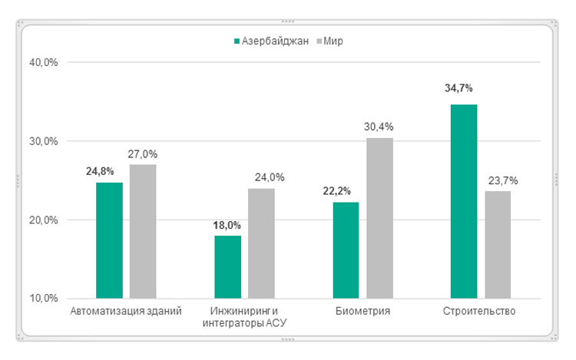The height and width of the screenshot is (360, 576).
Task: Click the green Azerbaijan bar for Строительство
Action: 463,201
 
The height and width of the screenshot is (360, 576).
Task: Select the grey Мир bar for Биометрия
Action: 379,218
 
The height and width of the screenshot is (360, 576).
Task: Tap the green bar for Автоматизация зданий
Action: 109,239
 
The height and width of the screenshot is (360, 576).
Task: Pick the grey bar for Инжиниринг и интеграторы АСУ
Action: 261,243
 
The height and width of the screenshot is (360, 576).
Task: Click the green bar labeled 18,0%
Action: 227,266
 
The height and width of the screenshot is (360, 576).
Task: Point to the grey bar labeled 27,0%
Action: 143,231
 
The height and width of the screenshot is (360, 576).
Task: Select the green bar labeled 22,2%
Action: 346,249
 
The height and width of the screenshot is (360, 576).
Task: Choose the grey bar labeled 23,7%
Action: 498,244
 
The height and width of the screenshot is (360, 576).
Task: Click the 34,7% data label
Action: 458,88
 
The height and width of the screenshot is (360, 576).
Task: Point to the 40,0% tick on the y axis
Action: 43,62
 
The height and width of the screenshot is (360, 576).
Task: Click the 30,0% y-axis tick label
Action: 43,141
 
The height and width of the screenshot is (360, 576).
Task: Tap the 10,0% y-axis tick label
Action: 43,299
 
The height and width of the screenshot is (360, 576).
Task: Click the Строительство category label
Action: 479,311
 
